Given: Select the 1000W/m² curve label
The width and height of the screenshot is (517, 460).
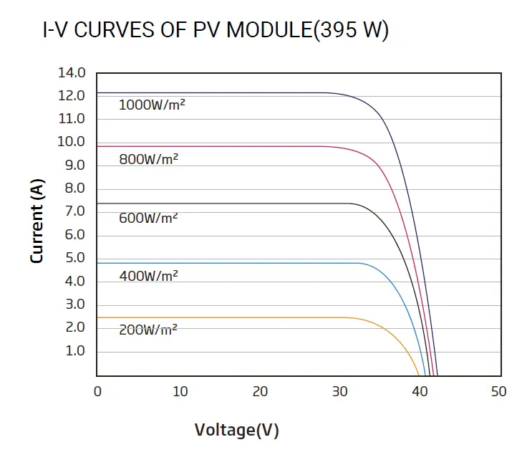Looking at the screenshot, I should [x=147, y=105].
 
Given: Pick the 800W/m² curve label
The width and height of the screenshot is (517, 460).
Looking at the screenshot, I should [x=148, y=160].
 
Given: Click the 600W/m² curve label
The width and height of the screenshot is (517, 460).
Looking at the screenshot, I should [x=148, y=218].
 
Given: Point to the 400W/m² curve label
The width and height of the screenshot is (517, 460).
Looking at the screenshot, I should [x=148, y=275].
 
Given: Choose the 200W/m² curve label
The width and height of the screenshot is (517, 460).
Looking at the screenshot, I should [x=148, y=330].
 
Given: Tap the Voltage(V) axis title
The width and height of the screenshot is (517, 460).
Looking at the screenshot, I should [x=236, y=430].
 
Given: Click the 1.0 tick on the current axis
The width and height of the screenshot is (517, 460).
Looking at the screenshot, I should [x=75, y=351].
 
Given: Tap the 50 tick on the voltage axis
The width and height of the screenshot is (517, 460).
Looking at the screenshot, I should [x=498, y=391].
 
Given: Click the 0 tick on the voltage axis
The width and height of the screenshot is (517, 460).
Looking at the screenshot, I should [x=98, y=391].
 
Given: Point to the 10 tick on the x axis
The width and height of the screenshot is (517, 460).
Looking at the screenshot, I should [x=180, y=391].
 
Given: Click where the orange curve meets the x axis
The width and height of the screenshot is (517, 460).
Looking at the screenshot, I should [x=419, y=375].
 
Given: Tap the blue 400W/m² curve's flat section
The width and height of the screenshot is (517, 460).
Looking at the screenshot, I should [x=229, y=263].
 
